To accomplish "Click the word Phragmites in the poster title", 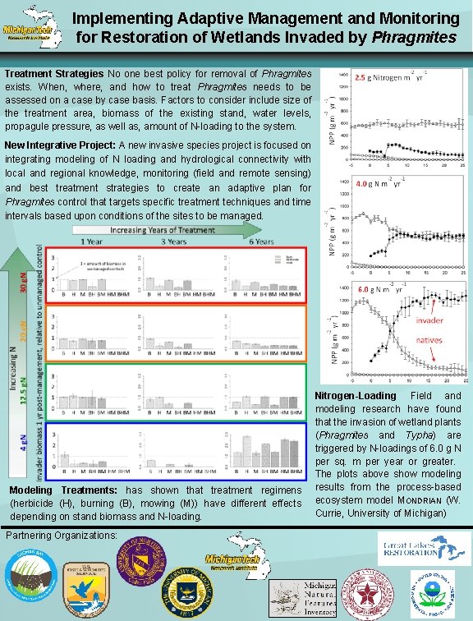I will [414, 38].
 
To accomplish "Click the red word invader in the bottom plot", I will [432, 319].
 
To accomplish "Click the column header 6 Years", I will [263, 242].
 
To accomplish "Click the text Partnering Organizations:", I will [62, 535].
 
